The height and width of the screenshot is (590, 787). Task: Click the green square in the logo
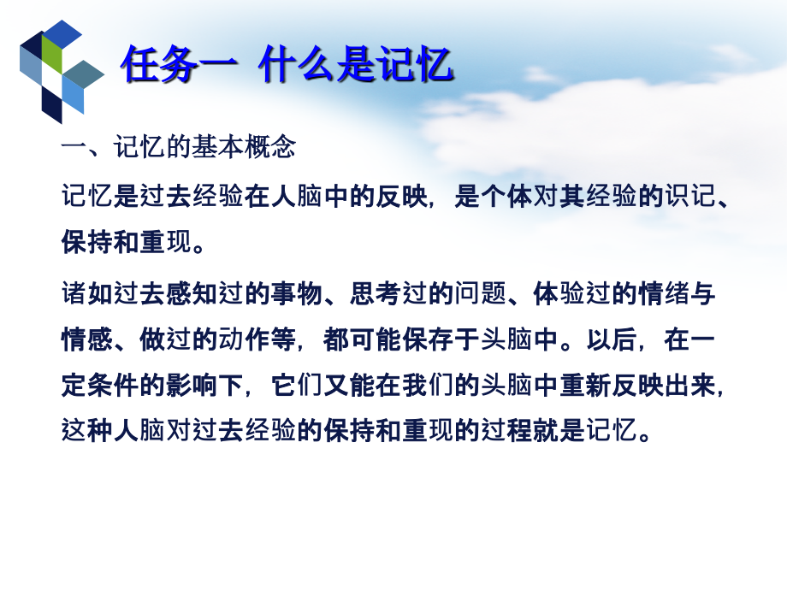[52, 56]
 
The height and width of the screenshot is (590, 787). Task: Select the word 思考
[375, 295]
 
